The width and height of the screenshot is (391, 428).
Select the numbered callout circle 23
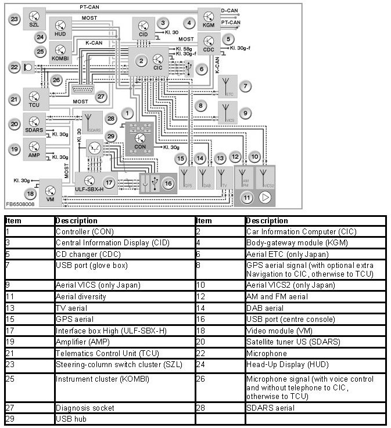point(15,19)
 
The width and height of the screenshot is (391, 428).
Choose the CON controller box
point(140,138)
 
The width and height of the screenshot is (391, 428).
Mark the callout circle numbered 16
point(168,183)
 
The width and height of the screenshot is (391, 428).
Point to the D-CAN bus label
point(230,10)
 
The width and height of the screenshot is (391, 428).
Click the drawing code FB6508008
point(20,205)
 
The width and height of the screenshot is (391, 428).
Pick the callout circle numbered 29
point(112,136)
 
